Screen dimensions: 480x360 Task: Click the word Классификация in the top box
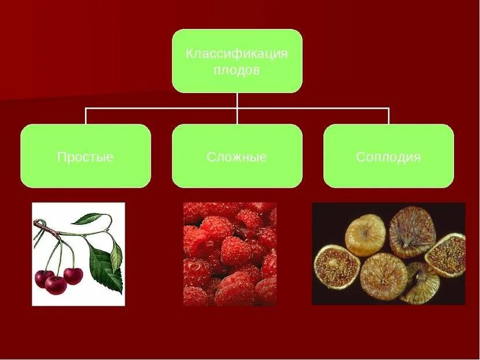236,54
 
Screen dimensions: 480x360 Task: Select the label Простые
85,157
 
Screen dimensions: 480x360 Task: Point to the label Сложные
236,157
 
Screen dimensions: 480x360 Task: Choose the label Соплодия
388,157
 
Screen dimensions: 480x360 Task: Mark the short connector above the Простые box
86,116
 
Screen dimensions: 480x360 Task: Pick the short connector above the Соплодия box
388,116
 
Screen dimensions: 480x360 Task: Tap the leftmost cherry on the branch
43,279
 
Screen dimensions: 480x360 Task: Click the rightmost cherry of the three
73,275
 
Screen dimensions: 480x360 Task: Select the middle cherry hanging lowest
56,285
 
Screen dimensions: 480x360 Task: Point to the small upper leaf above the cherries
88,218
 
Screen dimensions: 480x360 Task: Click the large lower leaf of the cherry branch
106,267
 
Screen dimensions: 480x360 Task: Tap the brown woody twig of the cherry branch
52,231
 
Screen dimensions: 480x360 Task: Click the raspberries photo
230,254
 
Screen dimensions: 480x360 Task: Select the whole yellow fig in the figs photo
364,235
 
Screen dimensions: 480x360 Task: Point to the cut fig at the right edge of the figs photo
446,255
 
